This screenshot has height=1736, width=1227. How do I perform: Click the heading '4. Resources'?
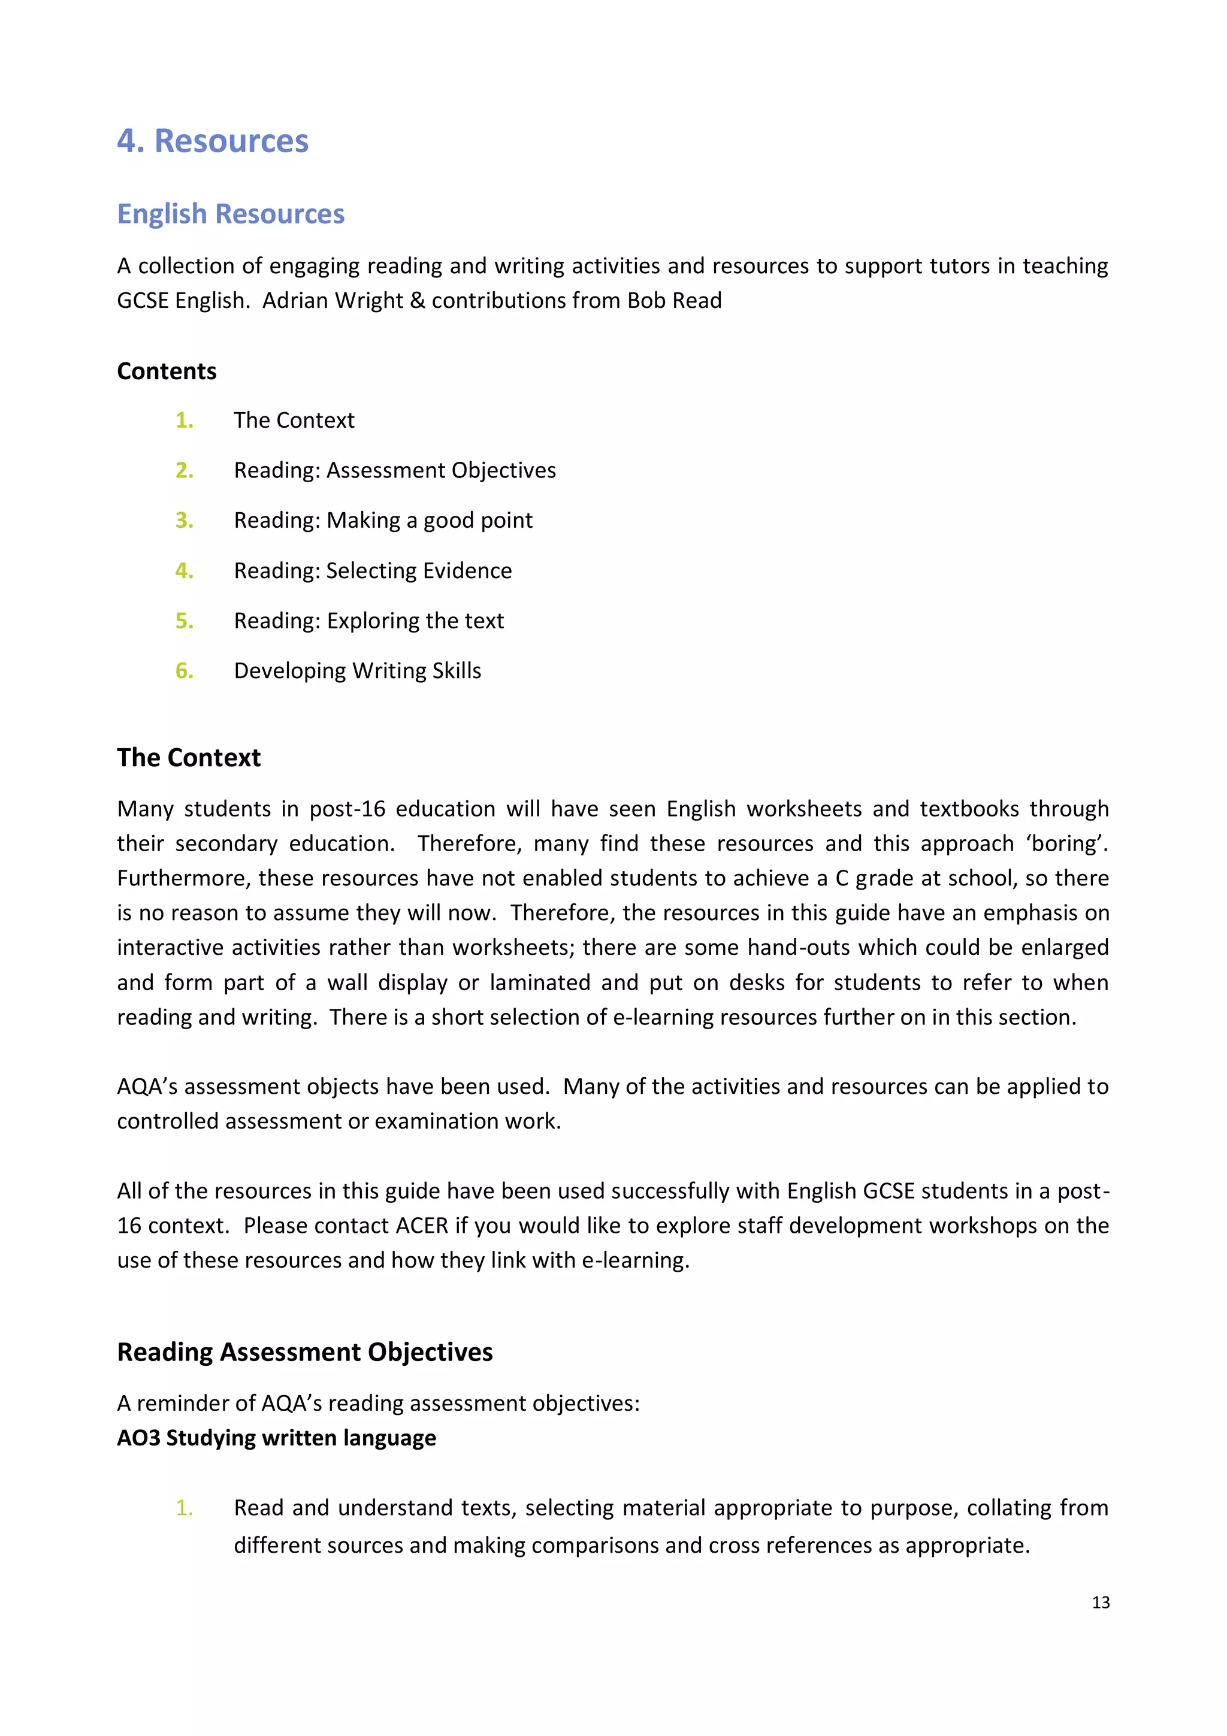(x=213, y=141)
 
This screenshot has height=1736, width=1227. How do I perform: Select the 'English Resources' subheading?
(x=231, y=214)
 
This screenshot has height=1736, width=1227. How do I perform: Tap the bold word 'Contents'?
(x=167, y=371)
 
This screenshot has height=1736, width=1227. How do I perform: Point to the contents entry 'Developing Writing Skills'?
(x=357, y=671)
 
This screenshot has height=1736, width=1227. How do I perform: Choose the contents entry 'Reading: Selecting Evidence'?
(x=372, y=570)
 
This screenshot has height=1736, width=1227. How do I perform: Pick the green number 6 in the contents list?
(x=184, y=671)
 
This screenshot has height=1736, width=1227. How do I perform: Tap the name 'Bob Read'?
(x=673, y=300)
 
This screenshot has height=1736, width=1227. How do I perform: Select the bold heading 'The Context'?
(x=188, y=758)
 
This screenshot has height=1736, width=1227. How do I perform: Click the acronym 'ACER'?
(x=422, y=1226)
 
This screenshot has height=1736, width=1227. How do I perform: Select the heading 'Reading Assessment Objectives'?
(x=305, y=1352)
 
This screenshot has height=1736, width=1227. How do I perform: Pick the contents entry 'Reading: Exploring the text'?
(x=368, y=621)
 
